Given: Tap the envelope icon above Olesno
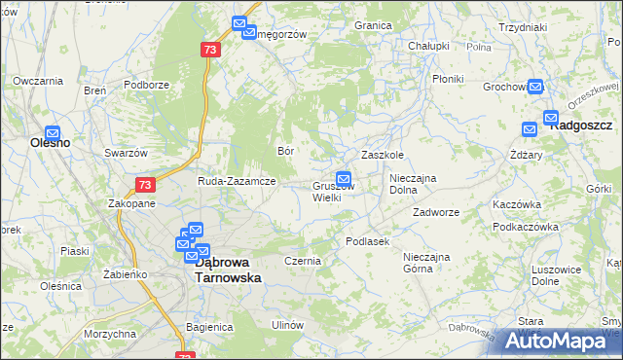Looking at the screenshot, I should click(x=53, y=132).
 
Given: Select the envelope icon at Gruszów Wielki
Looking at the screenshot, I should click(x=343, y=178).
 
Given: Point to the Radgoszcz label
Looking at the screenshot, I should click(x=581, y=126).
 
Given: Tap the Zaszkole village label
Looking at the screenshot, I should click(x=383, y=156).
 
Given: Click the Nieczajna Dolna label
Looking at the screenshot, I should click(x=418, y=185).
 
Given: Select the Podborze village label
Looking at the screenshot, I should click(x=147, y=85).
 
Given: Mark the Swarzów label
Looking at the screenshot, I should click(x=126, y=153).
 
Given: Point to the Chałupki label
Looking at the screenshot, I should click(x=428, y=46).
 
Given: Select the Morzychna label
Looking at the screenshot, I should click(x=109, y=334).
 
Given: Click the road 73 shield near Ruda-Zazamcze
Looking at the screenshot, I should click(x=144, y=185).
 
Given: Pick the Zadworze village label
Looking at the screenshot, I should click(x=435, y=211).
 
